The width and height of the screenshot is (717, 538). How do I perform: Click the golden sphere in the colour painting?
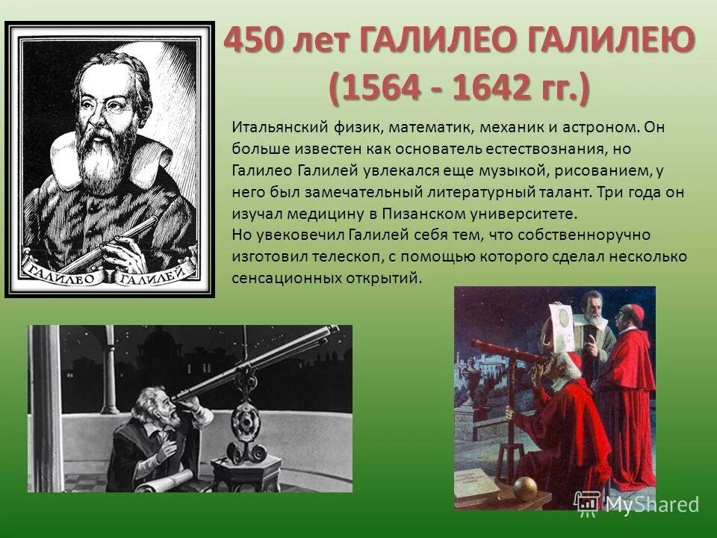click(524, 488)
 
